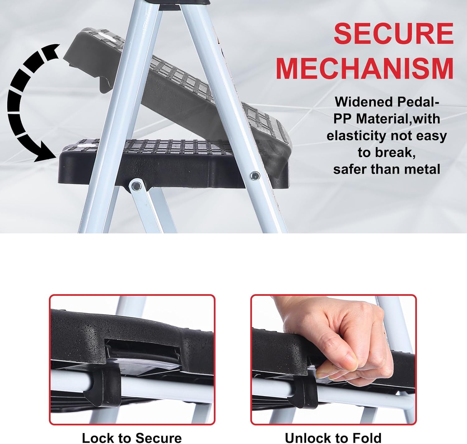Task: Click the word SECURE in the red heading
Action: click(x=394, y=34)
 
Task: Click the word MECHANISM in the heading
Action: click(x=365, y=68)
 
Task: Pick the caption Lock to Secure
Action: click(x=132, y=437)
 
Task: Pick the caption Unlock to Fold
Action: click(x=333, y=437)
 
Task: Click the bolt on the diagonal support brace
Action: click(x=136, y=186)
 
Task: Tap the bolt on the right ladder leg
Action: click(x=255, y=176)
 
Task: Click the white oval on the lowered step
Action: click(x=86, y=145)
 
